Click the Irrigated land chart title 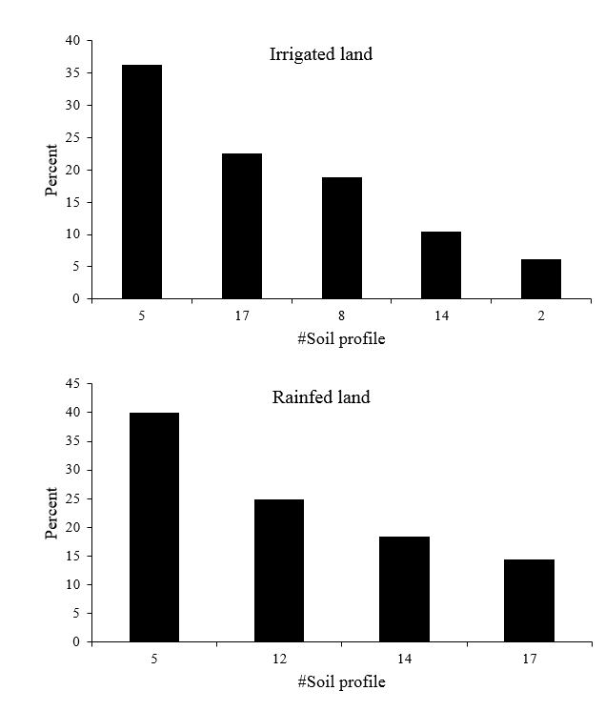click(320, 54)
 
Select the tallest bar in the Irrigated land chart click(141, 181)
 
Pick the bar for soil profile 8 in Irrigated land click(341, 237)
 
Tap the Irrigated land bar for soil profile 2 click(540, 278)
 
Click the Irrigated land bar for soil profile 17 click(241, 226)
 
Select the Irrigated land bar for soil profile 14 click(441, 265)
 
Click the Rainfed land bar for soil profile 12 click(279, 570)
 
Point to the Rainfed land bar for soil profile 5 click(154, 527)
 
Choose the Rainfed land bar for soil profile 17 click(529, 600)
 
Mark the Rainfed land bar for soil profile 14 click(404, 589)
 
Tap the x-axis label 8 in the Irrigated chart click(341, 316)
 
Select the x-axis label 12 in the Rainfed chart click(279, 660)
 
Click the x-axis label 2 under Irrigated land click(540, 316)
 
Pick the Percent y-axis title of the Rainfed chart click(52, 513)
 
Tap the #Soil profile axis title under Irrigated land click(341, 339)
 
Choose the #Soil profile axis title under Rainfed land click(341, 682)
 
